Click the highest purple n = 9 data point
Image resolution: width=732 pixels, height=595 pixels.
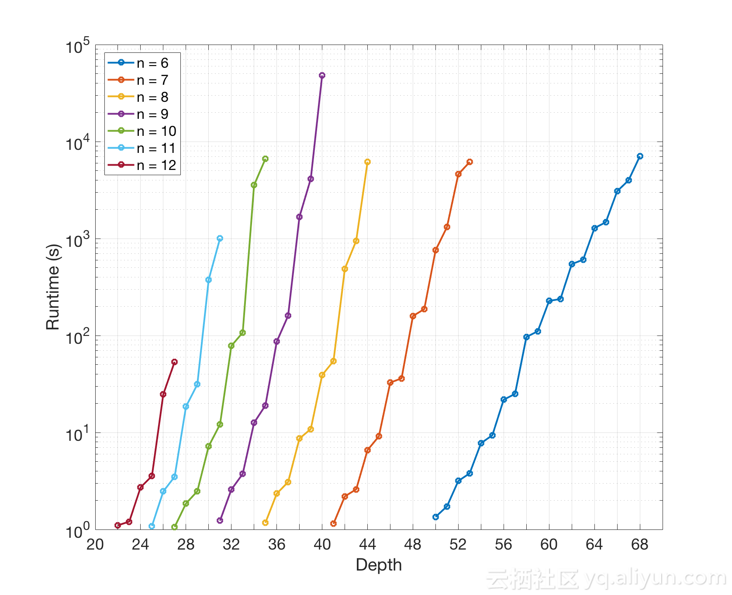pos(322,76)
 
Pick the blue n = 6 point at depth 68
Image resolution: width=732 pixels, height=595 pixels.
pos(640,156)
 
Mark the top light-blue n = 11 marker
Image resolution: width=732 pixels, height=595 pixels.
pos(220,239)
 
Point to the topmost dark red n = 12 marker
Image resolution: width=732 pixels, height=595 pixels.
pos(174,362)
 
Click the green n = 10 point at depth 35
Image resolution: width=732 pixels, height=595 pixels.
pos(265,159)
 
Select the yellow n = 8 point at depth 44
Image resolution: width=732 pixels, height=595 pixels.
pos(367,162)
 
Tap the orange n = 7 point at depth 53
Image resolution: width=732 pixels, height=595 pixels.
pos(470,162)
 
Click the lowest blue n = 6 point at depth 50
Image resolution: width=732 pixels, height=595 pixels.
pos(435,517)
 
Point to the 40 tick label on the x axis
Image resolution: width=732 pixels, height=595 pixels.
pos(322,545)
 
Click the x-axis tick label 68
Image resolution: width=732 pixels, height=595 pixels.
pos(640,545)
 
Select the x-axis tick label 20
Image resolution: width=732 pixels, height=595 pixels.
pos(95,545)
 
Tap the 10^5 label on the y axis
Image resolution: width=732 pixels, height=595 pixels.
pos(78,46)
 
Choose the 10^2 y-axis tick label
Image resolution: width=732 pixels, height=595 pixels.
pos(78,337)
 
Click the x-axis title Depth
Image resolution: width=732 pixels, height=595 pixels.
pos(379,565)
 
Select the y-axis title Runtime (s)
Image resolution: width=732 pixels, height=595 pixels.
pos(53,287)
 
